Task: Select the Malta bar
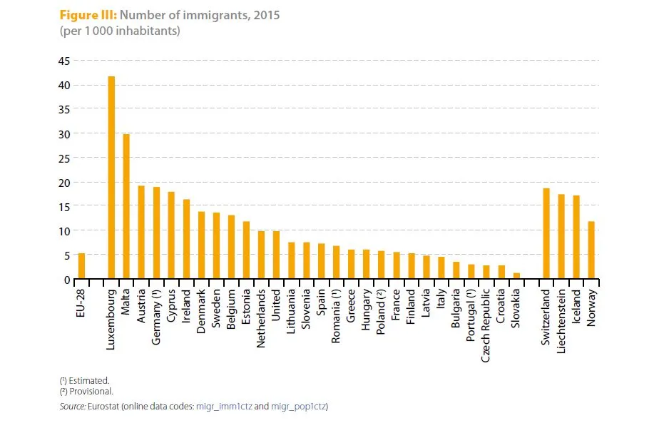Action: click(126, 206)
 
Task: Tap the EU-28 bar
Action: click(81, 265)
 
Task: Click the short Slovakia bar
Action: click(516, 275)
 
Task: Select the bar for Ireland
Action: click(186, 239)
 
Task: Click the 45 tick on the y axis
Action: click(64, 61)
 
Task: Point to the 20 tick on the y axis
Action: click(64, 183)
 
